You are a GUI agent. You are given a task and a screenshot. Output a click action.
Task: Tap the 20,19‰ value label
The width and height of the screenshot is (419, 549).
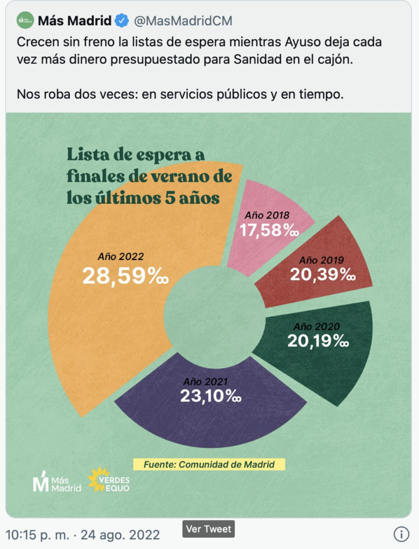[318, 340]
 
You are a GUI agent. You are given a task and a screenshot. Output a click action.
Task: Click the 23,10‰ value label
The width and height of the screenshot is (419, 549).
[207, 396]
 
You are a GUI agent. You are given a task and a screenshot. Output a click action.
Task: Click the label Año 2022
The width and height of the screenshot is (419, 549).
[121, 256]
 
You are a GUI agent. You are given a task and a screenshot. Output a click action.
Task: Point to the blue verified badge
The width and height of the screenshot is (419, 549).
[122, 21]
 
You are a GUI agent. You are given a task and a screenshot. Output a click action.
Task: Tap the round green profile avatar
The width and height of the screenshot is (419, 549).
[25, 20]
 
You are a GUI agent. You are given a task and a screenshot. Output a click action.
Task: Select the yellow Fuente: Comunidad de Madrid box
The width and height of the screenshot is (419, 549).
[209, 464]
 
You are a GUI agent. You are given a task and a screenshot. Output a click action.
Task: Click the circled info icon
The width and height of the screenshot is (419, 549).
[401, 534]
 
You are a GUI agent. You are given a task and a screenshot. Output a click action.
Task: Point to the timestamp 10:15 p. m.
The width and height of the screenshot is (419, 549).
[36, 535]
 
